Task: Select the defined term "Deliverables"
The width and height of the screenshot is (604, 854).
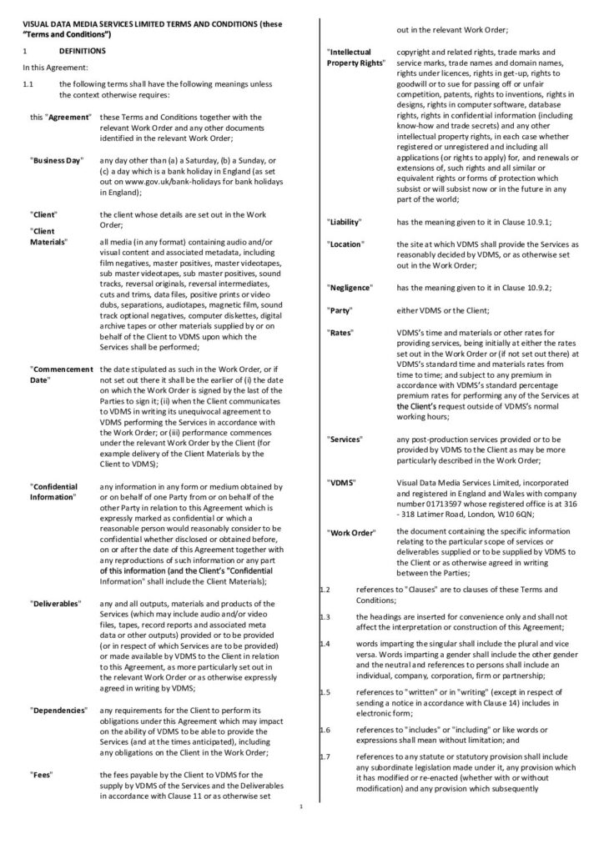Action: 56,602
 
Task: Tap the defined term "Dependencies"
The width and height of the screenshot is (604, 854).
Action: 58,710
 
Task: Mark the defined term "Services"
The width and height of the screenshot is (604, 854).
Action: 345,438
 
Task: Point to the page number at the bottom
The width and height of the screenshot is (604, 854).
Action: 301,806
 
